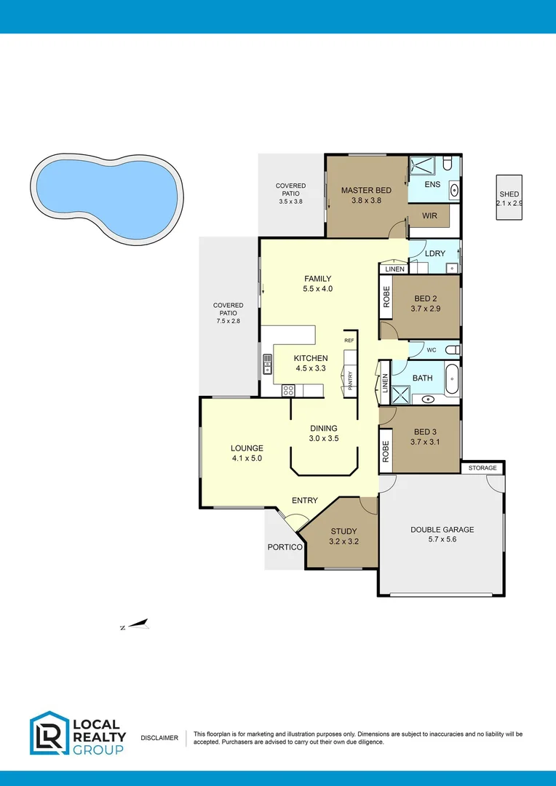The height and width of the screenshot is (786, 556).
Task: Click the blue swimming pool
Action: pyautogui.click(x=105, y=194)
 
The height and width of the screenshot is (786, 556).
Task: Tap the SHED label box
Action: pyautogui.click(x=509, y=198)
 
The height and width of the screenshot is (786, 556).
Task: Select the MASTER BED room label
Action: pyautogui.click(x=366, y=191)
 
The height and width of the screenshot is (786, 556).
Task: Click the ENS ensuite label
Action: pyautogui.click(x=432, y=185)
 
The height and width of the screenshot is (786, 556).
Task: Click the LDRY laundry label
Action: pyautogui.click(x=434, y=254)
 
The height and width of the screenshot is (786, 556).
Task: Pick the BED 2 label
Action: pyautogui.click(x=426, y=298)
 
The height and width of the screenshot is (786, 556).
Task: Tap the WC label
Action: pyautogui.click(x=431, y=350)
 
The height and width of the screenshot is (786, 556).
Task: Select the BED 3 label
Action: pyautogui.click(x=426, y=432)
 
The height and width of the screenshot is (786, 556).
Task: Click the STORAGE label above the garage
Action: pyautogui.click(x=482, y=468)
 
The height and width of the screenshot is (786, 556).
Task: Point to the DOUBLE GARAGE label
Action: pyautogui.click(x=442, y=530)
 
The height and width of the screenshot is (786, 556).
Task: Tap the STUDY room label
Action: pyautogui.click(x=343, y=531)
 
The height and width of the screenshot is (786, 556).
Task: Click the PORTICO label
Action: pyautogui.click(x=284, y=547)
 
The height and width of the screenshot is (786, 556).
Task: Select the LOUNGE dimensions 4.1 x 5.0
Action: pyautogui.click(x=247, y=458)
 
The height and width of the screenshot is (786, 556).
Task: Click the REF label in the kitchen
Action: pyautogui.click(x=349, y=341)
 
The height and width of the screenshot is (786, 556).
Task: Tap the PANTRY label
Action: pyautogui.click(x=350, y=380)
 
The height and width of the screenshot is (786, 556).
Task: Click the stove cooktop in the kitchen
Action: pyautogui.click(x=288, y=389)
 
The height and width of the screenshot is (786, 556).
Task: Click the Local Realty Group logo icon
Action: pyautogui.click(x=49, y=733)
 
